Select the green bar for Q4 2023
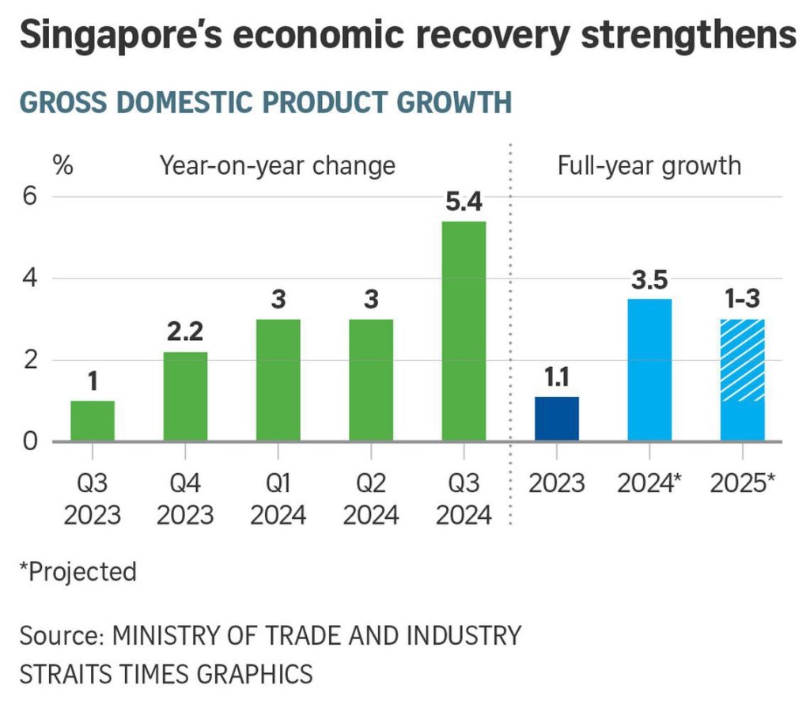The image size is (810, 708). [185, 396]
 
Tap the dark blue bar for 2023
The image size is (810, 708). [557, 418]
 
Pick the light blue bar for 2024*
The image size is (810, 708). [649, 369]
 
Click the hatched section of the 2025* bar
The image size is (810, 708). [742, 360]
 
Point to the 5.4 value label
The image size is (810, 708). [464, 204]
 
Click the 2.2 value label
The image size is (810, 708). [185, 334]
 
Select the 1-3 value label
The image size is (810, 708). [742, 301]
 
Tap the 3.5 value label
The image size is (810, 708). [649, 281]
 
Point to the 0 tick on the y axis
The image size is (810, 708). [29, 441]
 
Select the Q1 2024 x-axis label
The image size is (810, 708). [278, 499]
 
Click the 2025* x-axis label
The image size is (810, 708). [742, 483]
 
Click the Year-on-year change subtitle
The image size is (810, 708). [277, 165]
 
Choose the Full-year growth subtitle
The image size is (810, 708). [649, 165]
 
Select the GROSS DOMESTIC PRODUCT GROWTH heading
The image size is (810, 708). [264, 103]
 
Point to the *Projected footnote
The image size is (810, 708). [78, 570]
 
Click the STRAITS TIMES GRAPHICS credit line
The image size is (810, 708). [166, 674]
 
